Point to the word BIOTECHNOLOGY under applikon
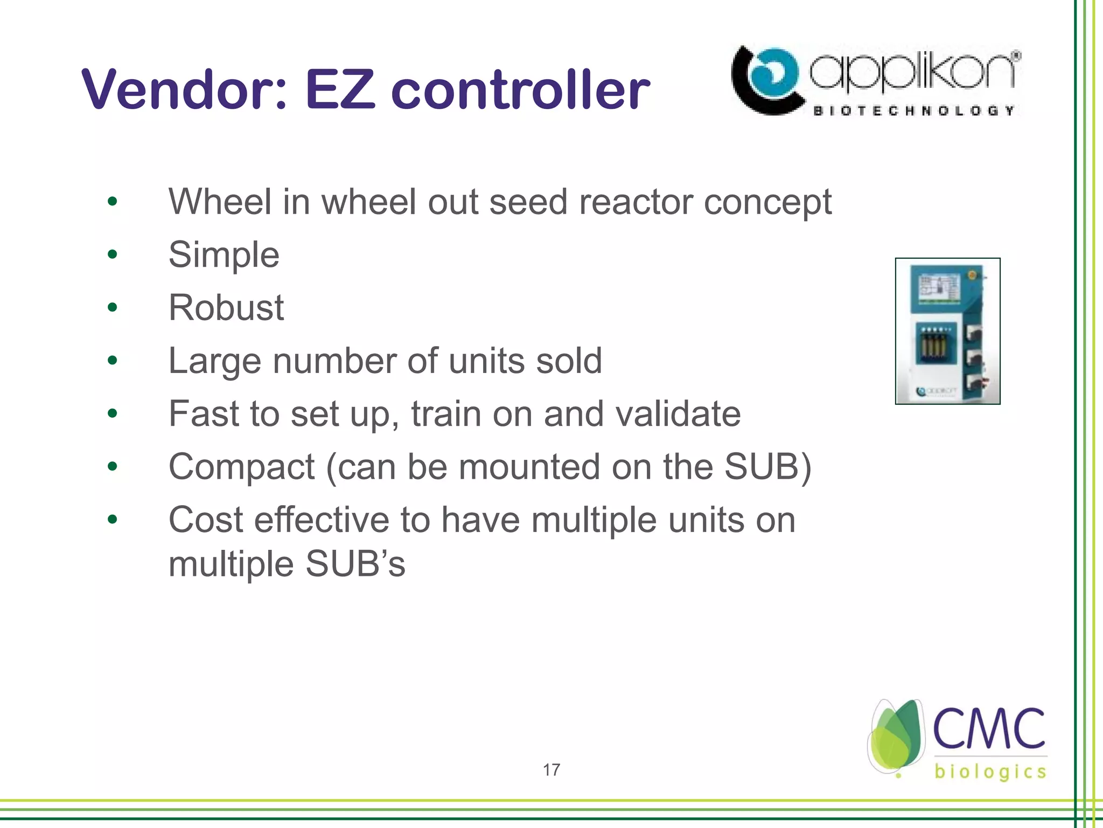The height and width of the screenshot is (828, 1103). click(x=913, y=111)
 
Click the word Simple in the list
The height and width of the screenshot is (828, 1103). click(x=224, y=254)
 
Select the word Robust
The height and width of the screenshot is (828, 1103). click(x=226, y=307)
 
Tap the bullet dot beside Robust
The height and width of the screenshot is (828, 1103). click(x=112, y=307)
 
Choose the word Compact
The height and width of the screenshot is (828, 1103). click(x=241, y=466)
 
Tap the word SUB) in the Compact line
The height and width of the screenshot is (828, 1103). click(x=767, y=466)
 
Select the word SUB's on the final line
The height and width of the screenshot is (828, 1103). click(x=355, y=564)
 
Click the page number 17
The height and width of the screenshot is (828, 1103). click(x=551, y=770)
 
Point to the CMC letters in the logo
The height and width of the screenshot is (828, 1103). click(x=989, y=729)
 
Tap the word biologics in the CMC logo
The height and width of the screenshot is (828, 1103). click(x=990, y=771)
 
